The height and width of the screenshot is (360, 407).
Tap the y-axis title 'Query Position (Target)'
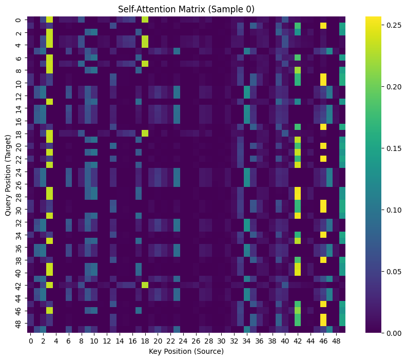pyautogui.click(x=9, y=175)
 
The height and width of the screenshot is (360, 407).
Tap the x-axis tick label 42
pyautogui.click(x=298, y=341)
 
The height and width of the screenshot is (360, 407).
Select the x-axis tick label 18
pyautogui.click(x=145, y=341)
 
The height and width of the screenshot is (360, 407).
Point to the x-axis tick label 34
pyautogui.click(x=247, y=341)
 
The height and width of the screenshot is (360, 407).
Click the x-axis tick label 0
pyautogui.click(x=31, y=341)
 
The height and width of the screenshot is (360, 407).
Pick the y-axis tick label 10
pyautogui.click(x=19, y=83)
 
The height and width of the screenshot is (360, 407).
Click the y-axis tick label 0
pyautogui.click(x=19, y=20)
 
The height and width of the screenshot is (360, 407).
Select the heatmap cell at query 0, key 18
pyautogui.click(x=145, y=20)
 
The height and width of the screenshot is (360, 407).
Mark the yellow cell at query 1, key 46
pyautogui.click(x=323, y=26)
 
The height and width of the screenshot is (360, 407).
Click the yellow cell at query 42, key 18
pyautogui.click(x=145, y=286)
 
